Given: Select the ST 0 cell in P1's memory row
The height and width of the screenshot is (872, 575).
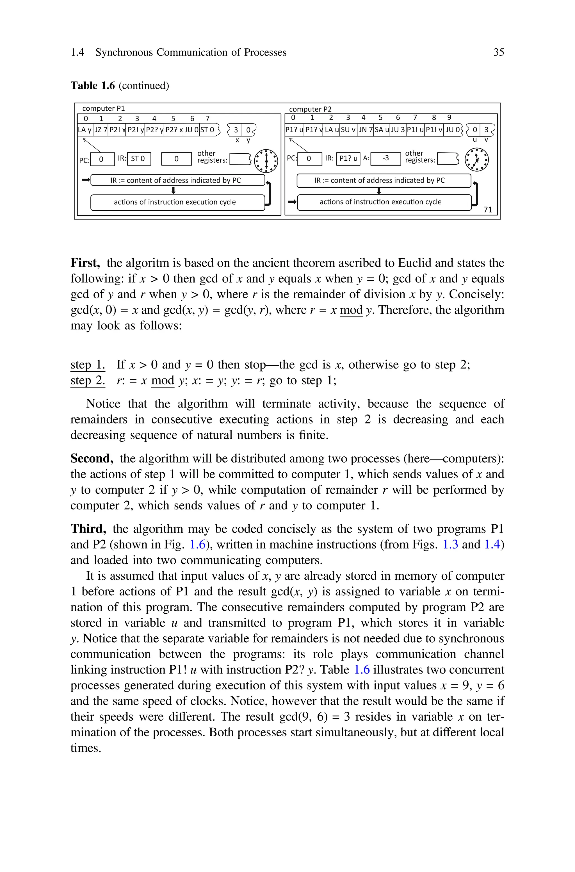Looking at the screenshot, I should pos(207,130).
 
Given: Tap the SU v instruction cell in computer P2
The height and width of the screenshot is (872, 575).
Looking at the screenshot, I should pos(348,130).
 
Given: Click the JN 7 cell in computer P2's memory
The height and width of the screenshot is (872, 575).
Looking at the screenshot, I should pos(365,130).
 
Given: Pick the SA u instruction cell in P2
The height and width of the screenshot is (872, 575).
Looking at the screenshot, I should pos(381,130).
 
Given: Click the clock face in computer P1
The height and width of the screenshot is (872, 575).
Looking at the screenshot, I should pos(266,160).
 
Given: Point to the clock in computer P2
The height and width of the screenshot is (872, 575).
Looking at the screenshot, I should pos(476,160).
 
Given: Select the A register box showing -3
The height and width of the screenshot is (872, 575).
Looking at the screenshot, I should pos(385,158).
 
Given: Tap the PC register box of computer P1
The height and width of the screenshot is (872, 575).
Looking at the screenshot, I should pos(102,159).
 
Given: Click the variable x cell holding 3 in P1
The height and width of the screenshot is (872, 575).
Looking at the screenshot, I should pos(236,130).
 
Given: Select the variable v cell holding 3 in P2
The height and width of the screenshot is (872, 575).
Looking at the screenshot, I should pos(486,130).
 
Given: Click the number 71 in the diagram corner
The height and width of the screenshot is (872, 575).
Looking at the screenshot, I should pos(487,210).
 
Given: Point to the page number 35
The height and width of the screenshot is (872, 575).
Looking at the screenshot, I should pos(498,53).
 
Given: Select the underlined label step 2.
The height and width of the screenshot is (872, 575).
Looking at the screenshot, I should pos(88,380).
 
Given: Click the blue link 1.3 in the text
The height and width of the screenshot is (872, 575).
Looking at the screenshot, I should pos(450,545).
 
